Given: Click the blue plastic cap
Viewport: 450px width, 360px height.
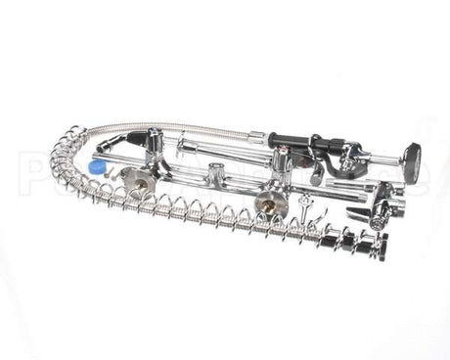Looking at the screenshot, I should pos(96,167).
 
